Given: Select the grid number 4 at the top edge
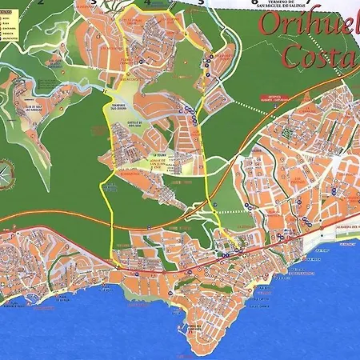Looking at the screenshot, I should click(147, 2).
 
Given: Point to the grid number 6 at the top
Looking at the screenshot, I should click(254, 2).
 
